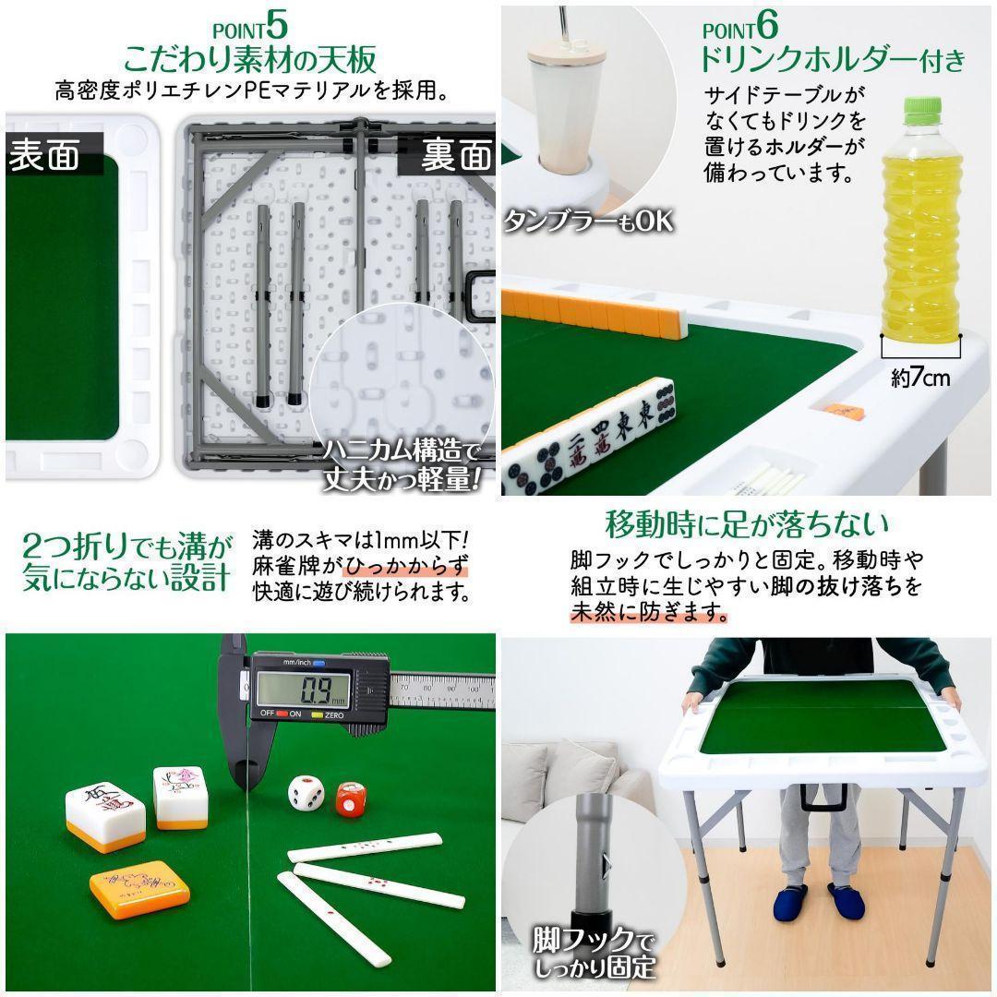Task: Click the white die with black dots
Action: coord(305,793)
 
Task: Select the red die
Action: coord(350,799)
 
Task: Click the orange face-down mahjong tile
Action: coord(139,887)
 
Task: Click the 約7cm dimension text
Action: coord(919,377)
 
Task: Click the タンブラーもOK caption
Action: coord(587,221)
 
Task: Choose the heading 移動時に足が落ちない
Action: coord(747,524)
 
